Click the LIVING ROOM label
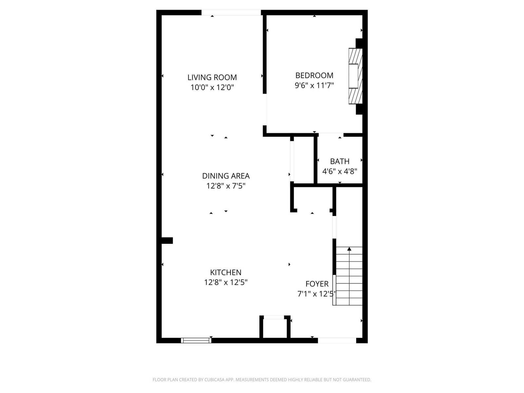(x=212, y=77)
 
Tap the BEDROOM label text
(x=314, y=75)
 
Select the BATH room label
(x=340, y=161)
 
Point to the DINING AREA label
(x=226, y=176)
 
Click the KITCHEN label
(x=226, y=272)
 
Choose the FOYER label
(x=317, y=284)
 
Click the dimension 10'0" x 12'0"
(x=212, y=87)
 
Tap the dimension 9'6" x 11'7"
(x=314, y=85)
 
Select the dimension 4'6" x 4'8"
(x=340, y=171)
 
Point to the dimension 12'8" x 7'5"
(x=226, y=186)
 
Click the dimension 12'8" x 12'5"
(x=226, y=283)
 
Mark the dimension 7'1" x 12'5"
(x=317, y=294)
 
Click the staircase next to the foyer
(x=349, y=276)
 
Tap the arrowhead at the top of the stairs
(x=349, y=249)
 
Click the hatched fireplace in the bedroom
(x=355, y=76)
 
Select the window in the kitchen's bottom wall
(x=196, y=340)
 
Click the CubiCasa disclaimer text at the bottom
(x=262, y=380)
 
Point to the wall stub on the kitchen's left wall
(x=167, y=240)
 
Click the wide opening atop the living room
(x=231, y=12)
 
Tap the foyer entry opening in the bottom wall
(x=337, y=341)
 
